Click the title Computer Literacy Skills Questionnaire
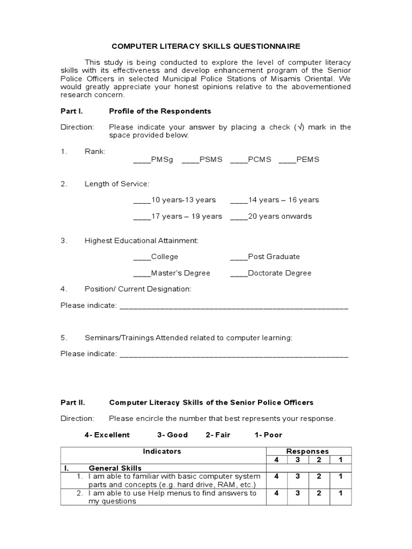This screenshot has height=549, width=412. click(205, 46)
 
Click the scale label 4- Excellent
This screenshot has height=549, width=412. click(107, 435)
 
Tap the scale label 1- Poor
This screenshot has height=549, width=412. click(268, 435)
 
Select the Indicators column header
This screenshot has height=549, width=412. click(162, 451)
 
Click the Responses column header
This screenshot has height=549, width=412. click(307, 451)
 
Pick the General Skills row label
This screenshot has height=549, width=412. click(115, 468)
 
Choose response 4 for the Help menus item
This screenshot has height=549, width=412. click(276, 493)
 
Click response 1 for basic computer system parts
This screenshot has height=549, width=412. click(340, 477)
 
